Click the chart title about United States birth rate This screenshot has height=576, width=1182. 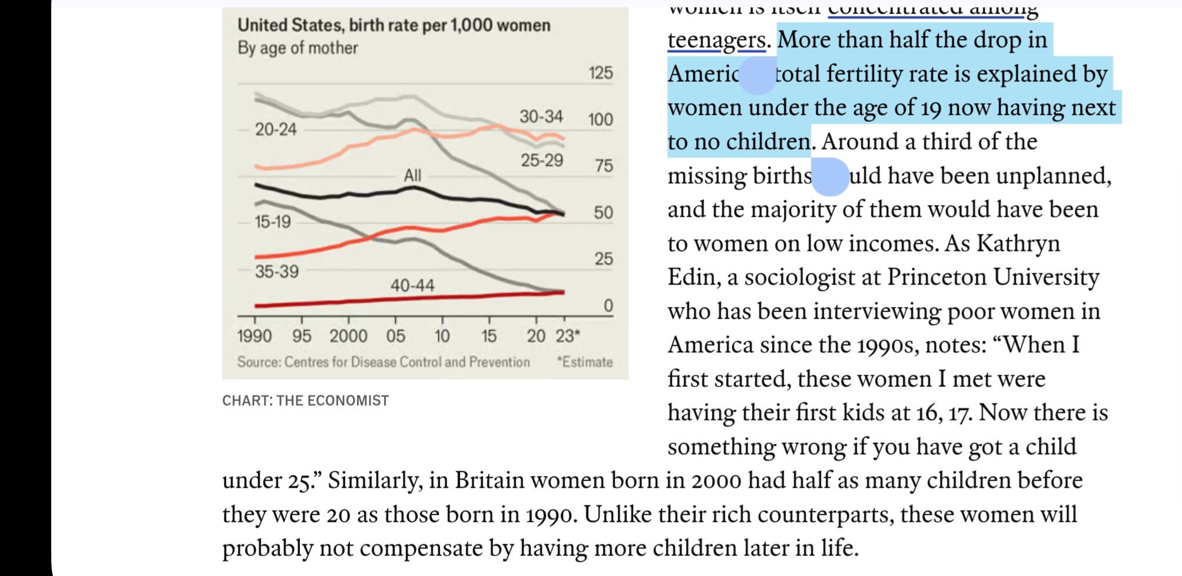393,25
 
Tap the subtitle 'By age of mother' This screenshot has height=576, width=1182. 297,48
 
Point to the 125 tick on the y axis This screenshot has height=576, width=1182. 601,73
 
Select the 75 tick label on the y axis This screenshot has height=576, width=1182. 604,165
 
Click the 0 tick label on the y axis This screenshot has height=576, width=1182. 608,305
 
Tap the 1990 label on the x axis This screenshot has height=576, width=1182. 254,336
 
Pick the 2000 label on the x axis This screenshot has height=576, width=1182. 348,336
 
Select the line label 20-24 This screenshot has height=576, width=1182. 276,129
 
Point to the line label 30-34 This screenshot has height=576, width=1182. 541,116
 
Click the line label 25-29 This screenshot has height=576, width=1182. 542,160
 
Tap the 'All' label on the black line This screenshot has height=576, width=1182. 412,175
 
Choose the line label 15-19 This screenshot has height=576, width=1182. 273,221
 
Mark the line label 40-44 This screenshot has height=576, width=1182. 412,285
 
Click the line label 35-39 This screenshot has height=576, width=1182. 277,271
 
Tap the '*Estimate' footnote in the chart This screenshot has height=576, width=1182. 585,362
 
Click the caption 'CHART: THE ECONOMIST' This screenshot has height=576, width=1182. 305,400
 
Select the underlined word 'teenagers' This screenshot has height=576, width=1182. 716,40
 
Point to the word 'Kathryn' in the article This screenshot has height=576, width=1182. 1018,243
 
